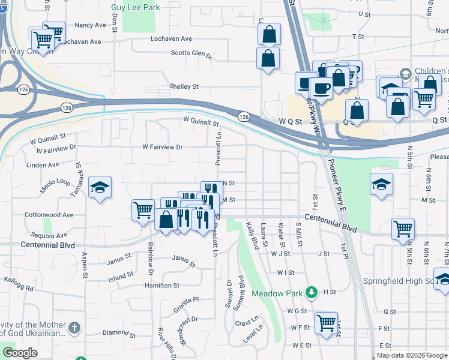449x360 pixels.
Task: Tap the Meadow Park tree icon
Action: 311,293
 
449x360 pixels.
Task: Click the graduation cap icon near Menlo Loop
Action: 100,187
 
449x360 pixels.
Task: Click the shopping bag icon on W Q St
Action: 357,111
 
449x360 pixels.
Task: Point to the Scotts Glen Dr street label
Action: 192,53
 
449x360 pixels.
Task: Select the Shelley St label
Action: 184,86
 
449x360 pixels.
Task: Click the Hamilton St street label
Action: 161,286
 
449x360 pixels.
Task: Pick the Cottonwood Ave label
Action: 49,215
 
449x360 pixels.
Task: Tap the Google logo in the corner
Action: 20,353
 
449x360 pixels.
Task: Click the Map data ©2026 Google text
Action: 411,355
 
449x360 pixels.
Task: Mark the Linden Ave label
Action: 44,164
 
